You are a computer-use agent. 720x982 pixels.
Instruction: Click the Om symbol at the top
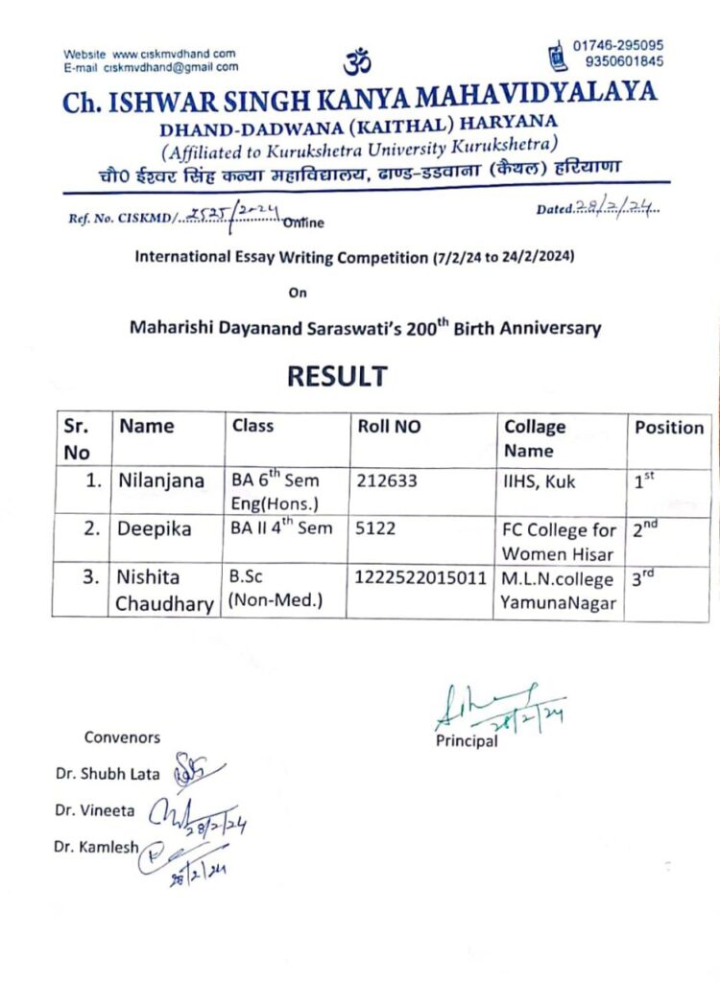click(x=356, y=62)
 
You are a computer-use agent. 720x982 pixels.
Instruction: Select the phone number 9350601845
click(x=625, y=61)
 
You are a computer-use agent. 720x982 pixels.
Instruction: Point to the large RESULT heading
click(x=337, y=376)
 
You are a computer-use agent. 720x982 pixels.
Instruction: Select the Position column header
click(x=669, y=428)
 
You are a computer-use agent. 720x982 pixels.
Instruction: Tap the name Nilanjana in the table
click(x=160, y=481)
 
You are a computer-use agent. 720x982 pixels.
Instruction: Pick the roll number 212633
click(x=387, y=480)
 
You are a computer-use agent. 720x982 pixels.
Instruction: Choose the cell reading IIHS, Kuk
click(x=540, y=481)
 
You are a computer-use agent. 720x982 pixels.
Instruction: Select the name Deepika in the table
click(x=155, y=529)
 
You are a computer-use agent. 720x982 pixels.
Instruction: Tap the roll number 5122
click(x=375, y=528)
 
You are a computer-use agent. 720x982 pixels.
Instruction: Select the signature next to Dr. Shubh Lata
click(x=194, y=770)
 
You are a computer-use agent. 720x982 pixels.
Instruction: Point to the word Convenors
click(x=122, y=737)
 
